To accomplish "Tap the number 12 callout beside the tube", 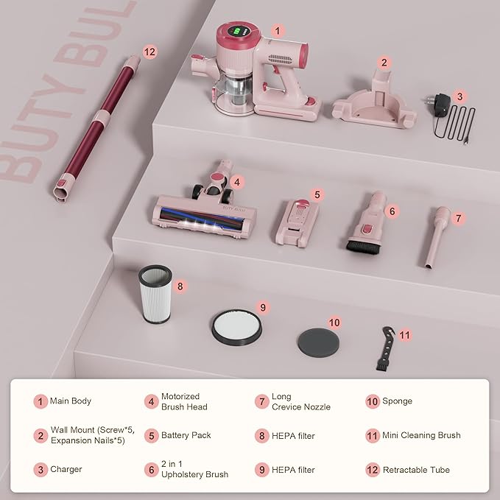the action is pyautogui.click(x=150, y=52).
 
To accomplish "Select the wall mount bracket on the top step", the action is pyautogui.click(x=374, y=101).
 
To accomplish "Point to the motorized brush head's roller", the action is pyautogui.click(x=202, y=217).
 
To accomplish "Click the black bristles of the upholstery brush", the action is pyautogui.click(x=364, y=247).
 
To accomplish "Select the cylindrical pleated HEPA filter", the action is pyautogui.click(x=155, y=295).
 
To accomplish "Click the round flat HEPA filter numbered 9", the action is pyautogui.click(x=236, y=327).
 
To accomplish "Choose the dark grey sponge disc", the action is pyautogui.click(x=318, y=343).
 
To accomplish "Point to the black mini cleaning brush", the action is pyautogui.click(x=385, y=349).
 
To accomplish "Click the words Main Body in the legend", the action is pyautogui.click(x=71, y=401).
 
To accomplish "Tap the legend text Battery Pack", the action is pyautogui.click(x=186, y=435).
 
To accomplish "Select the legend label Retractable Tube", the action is pyautogui.click(x=416, y=470).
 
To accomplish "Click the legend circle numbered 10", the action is pyautogui.click(x=373, y=401).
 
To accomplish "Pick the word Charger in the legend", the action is pyautogui.click(x=66, y=469).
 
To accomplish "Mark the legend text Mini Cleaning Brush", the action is pyautogui.click(x=421, y=435).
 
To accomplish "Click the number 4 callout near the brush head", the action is pyautogui.click(x=237, y=183).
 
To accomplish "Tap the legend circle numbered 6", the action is pyautogui.click(x=152, y=470).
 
